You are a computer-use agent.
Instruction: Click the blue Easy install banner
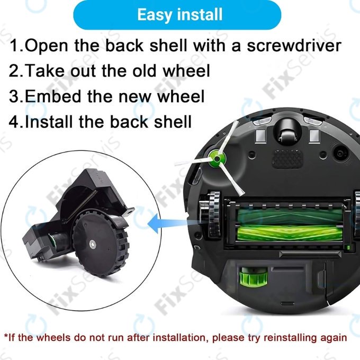[x=180, y=14]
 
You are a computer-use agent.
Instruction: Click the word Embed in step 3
[x=56, y=96]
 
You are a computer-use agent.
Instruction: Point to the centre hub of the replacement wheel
[x=93, y=244]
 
